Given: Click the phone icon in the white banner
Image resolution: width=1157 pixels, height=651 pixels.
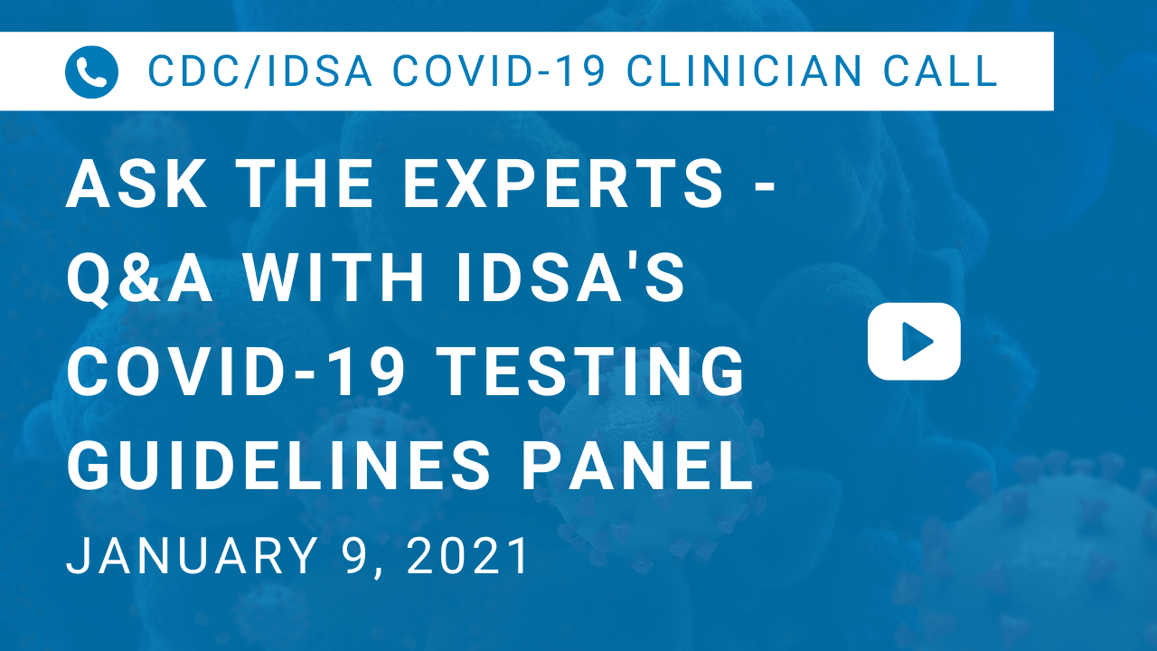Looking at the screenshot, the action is (x=91, y=71).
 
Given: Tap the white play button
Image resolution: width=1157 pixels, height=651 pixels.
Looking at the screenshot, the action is (x=914, y=342).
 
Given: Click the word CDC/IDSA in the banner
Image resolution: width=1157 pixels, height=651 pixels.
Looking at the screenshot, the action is (x=259, y=71).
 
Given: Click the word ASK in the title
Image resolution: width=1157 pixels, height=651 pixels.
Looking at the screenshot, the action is (x=136, y=184).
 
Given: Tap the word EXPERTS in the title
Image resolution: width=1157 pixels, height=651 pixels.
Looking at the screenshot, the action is (x=563, y=184).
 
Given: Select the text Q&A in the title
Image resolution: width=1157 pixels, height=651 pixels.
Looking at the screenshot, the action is (x=139, y=278).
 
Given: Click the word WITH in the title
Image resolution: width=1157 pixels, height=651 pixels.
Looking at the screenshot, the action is (x=334, y=277).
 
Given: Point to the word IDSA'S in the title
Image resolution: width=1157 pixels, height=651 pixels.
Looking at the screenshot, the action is (x=571, y=277).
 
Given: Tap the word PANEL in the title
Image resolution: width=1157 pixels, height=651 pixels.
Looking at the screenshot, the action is (x=637, y=465).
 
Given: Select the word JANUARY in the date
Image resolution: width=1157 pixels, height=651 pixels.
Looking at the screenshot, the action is (x=192, y=555).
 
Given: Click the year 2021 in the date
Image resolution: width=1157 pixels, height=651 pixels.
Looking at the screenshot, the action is (x=467, y=555).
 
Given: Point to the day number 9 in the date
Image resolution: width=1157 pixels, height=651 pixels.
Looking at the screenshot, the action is (x=356, y=555).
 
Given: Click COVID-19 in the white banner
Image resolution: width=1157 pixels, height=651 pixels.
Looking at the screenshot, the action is (x=499, y=71).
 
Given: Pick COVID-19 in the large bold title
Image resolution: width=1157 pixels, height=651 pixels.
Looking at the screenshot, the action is (x=236, y=371).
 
